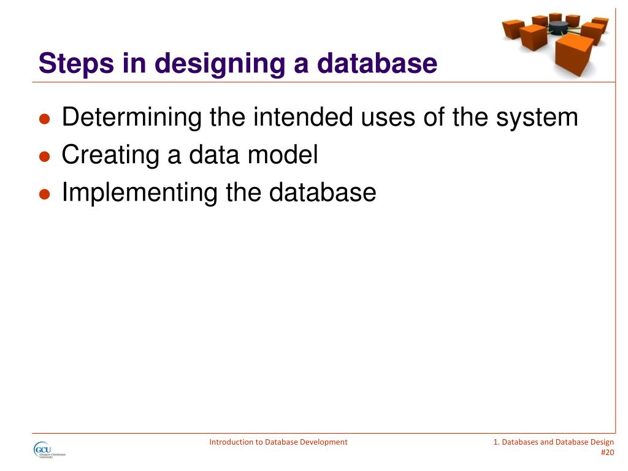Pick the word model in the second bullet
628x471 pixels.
click(283, 155)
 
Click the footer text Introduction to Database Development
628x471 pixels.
click(278, 442)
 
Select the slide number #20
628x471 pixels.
click(607, 453)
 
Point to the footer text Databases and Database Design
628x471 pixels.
click(557, 442)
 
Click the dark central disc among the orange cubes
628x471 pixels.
click(558, 27)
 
